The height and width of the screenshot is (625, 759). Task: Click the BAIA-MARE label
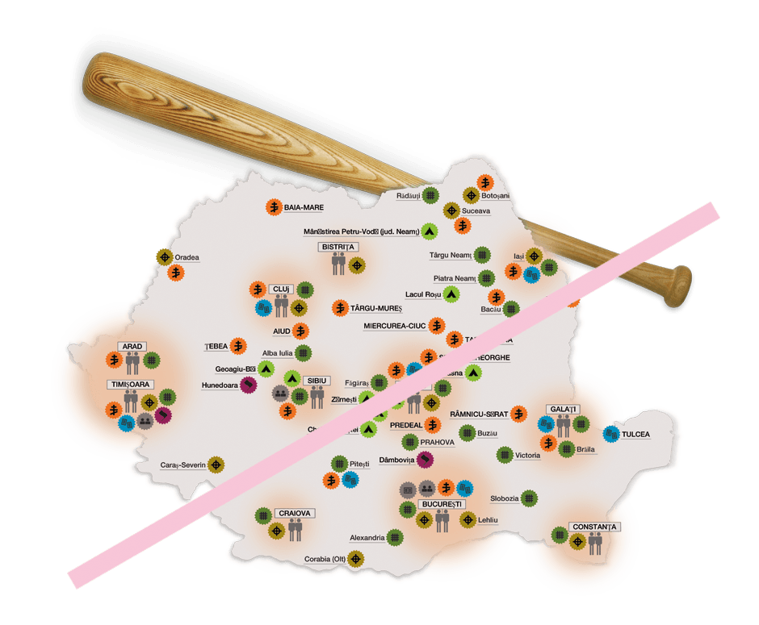click(x=304, y=207)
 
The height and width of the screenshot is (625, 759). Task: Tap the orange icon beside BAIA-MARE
click(x=275, y=207)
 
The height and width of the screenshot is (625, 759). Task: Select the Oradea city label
click(x=187, y=258)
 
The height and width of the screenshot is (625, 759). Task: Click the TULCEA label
click(x=635, y=434)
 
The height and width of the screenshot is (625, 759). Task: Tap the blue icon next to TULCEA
click(x=610, y=434)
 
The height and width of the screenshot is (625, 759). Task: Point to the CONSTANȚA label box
click(x=594, y=527)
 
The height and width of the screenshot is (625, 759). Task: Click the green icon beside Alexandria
click(x=394, y=536)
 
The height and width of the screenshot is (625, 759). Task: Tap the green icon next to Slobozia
click(x=529, y=498)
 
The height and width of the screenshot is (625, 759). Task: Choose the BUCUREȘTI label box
click(x=441, y=504)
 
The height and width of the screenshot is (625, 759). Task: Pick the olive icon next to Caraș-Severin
click(x=216, y=465)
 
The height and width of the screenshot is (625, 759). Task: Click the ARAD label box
click(x=132, y=346)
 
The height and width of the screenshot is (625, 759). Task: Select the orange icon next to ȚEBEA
click(x=238, y=346)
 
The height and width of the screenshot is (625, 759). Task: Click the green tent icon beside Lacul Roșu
click(x=451, y=294)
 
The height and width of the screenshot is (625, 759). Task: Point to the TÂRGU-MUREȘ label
click(x=376, y=308)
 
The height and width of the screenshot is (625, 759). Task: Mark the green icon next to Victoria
click(x=505, y=455)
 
